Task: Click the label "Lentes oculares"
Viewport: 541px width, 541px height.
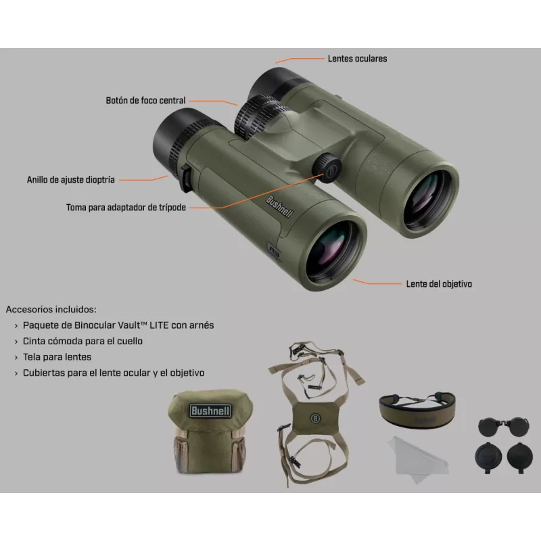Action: tap(357, 59)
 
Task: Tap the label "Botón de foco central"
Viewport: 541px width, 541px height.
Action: tap(145, 100)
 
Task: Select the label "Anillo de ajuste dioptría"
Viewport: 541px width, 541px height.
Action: tap(71, 180)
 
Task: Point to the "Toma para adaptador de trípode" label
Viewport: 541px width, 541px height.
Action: tap(126, 208)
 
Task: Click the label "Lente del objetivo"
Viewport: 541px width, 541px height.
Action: tap(439, 284)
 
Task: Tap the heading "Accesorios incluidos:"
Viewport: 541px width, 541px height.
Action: tap(51, 309)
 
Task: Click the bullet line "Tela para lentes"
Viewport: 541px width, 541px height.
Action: tap(57, 357)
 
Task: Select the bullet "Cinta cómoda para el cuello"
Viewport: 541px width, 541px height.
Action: tap(83, 341)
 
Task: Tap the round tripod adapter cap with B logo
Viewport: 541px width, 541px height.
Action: tap(327, 168)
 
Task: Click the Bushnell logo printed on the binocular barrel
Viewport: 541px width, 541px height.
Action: tap(279, 207)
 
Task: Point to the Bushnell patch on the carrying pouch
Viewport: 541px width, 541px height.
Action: tap(210, 410)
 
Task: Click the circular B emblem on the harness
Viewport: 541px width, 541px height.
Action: tap(315, 419)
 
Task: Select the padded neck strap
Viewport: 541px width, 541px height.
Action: tap(417, 408)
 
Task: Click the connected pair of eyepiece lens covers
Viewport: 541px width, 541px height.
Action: tap(503, 427)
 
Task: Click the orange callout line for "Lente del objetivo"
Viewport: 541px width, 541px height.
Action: tap(377, 282)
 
